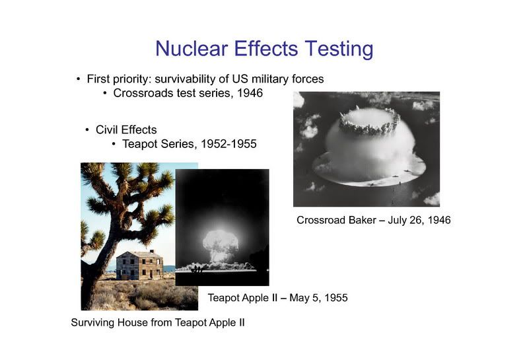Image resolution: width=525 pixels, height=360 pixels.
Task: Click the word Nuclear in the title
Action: click(x=192, y=48)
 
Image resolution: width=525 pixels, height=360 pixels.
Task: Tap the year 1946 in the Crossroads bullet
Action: click(x=250, y=92)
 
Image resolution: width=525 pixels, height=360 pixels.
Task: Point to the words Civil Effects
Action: click(x=126, y=129)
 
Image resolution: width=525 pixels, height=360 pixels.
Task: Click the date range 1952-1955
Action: click(x=228, y=143)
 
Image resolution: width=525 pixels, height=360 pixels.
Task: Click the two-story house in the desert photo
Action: click(x=139, y=265)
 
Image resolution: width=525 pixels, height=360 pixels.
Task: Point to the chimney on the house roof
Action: click(x=152, y=251)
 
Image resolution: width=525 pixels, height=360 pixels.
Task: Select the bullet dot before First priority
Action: click(x=79, y=79)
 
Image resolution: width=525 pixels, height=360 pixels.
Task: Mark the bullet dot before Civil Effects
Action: click(x=87, y=130)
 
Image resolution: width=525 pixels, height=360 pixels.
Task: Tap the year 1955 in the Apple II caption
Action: click(x=336, y=298)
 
